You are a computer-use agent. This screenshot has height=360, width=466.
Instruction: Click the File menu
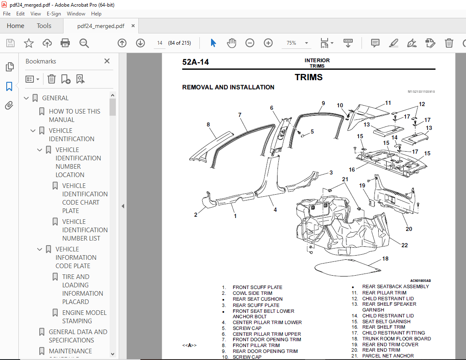[7, 13]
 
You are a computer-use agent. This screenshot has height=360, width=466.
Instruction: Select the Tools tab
[44, 26]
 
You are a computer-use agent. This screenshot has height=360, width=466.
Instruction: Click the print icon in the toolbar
[65, 43]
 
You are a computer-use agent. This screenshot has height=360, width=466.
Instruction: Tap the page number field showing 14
[160, 43]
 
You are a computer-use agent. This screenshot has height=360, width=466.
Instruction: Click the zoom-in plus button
[268, 43]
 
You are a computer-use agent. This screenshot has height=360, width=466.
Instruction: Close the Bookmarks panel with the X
[107, 61]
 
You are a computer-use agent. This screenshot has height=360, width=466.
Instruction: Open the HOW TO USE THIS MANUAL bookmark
[74, 115]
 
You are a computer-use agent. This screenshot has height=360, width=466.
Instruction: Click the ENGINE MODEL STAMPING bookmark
[84, 317]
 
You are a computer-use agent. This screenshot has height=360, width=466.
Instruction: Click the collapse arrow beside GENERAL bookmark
[27, 98]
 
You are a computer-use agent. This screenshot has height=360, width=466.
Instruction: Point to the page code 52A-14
[195, 62]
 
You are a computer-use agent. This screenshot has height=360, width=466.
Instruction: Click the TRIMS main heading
[308, 77]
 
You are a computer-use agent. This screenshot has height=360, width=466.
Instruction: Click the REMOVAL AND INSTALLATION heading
[228, 87]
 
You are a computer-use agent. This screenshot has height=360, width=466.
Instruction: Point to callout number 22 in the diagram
[404, 245]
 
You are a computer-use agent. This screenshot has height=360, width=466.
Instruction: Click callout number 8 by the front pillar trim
[208, 124]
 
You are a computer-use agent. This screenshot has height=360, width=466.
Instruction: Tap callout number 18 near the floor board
[385, 259]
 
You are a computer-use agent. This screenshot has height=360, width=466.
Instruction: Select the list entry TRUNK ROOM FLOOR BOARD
[396, 339]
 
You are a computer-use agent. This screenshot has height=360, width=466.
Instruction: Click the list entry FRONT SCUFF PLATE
[257, 287]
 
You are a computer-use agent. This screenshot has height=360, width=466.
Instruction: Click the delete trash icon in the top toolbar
[448, 43]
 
